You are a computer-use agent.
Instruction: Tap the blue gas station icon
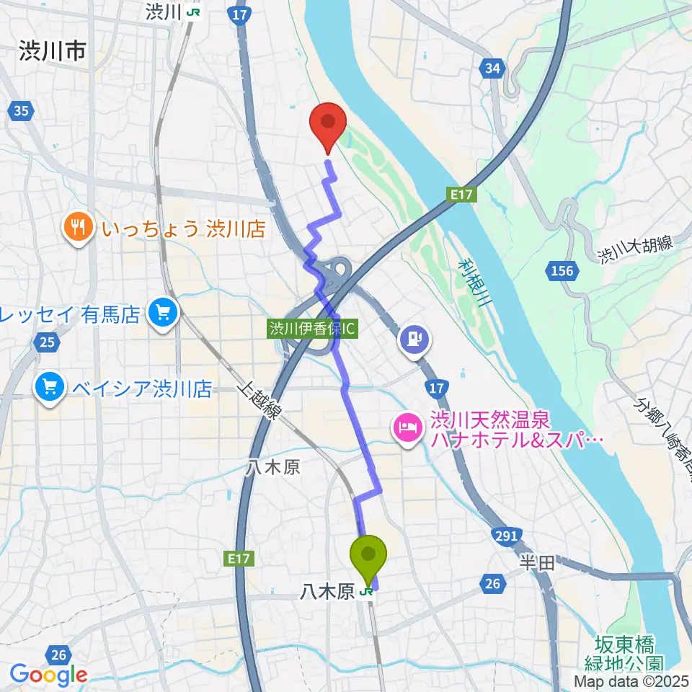(414, 337)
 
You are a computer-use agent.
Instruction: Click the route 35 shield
(22, 111)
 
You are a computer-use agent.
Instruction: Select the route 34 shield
(492, 68)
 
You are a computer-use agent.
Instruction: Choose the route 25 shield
(47, 342)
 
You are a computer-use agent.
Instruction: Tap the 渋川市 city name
(53, 51)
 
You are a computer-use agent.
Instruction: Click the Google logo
(49, 675)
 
